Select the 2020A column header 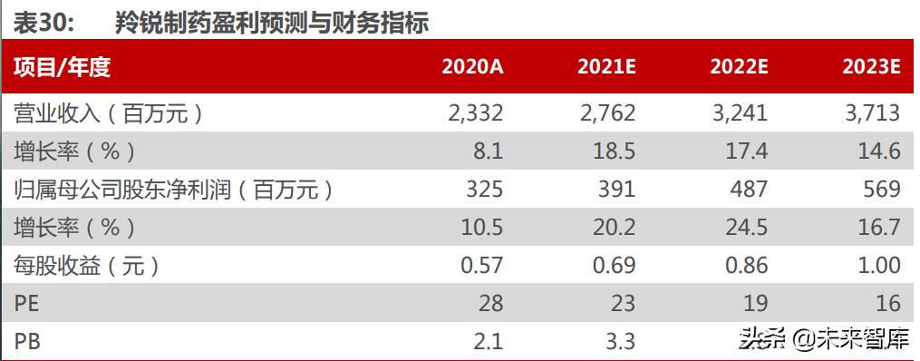[x=471, y=67]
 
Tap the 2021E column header [x=605, y=67]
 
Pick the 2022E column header [x=739, y=67]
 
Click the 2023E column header [x=870, y=67]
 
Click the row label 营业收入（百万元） [x=107, y=112]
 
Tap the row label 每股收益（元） [x=87, y=265]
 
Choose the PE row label [x=27, y=303]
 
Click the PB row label [x=27, y=341]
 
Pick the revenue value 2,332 [x=475, y=112]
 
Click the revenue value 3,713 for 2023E [x=873, y=112]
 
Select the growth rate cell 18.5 [x=614, y=151]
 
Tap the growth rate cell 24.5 [x=746, y=227]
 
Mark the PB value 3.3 [x=618, y=341]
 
